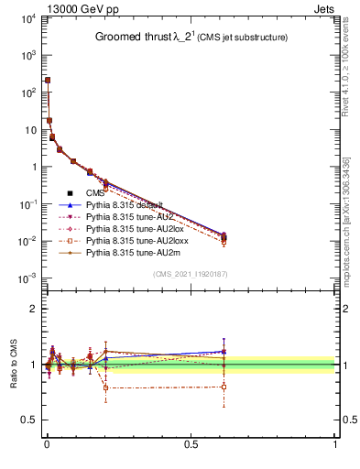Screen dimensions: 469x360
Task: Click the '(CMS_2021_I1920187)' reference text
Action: (190, 274)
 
